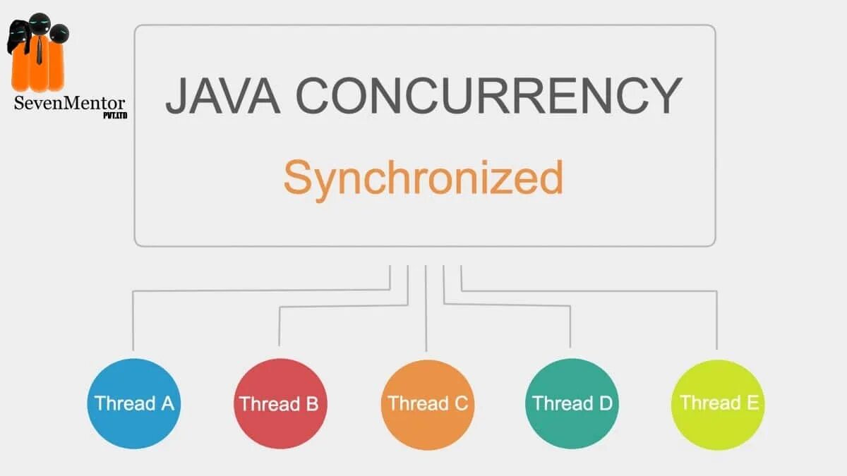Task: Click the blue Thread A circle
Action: pyautogui.click(x=134, y=403)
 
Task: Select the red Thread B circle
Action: pyautogui.click(x=280, y=403)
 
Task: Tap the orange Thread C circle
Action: pyautogui.click(x=426, y=403)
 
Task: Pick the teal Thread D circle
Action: pyautogui.click(x=572, y=403)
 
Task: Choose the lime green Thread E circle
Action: pyautogui.click(x=718, y=403)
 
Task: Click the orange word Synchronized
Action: pyautogui.click(x=423, y=178)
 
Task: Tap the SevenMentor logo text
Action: pyautogui.click(x=69, y=103)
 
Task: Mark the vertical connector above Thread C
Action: pyautogui.click(x=426, y=310)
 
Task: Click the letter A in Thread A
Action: pyautogui.click(x=167, y=403)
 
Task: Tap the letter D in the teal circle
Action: pyautogui.click(x=605, y=403)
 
